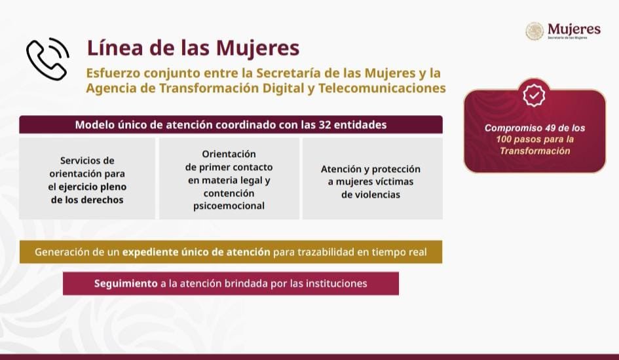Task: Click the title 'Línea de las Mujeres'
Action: click(x=193, y=48)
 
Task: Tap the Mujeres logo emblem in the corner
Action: click(x=535, y=31)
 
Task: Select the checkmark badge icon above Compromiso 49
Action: click(x=535, y=96)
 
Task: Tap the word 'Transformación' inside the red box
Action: click(x=535, y=151)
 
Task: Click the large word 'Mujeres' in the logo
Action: click(x=573, y=29)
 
